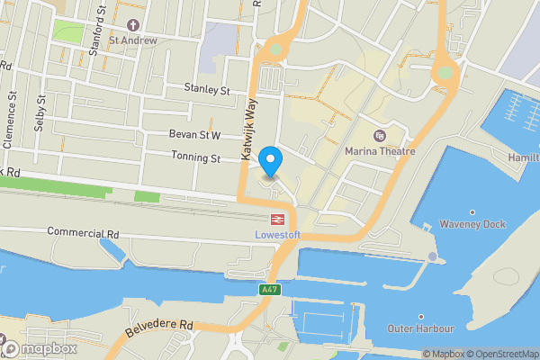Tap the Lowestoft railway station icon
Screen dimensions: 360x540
pos(278,219)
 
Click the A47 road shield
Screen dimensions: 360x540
pos(269,289)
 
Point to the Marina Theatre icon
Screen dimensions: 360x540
pos(379,137)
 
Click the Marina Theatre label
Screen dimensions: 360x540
pos(379,151)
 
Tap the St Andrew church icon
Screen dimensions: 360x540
pos(133,24)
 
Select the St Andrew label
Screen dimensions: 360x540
pos(133,40)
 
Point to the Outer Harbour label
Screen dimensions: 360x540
pos(420,328)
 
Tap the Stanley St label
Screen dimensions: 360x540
pos(207,89)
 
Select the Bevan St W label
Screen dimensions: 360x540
pos(195,135)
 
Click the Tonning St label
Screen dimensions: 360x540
pos(196,158)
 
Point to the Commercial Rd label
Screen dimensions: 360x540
pos(84,233)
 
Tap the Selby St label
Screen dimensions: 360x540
pos(39,112)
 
